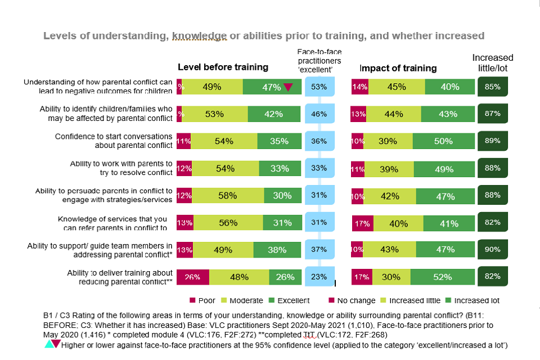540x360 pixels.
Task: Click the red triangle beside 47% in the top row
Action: point(288,87)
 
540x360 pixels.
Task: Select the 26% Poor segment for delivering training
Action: point(193,277)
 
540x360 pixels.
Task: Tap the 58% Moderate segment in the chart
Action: point(228,195)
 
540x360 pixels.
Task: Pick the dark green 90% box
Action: point(493,249)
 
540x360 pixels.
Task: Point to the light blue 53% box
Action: point(319,87)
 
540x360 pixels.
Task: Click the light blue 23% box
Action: point(319,277)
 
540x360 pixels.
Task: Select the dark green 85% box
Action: point(493,87)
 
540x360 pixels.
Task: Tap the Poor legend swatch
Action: point(192,300)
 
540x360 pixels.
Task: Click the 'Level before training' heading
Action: point(223,67)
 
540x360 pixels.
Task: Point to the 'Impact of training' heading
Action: point(398,68)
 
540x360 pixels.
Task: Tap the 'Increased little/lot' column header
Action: point(493,62)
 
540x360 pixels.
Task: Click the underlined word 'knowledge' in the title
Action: point(200,36)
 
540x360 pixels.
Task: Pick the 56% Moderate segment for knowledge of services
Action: point(228,223)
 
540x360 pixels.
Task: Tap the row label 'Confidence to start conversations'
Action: point(114,136)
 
